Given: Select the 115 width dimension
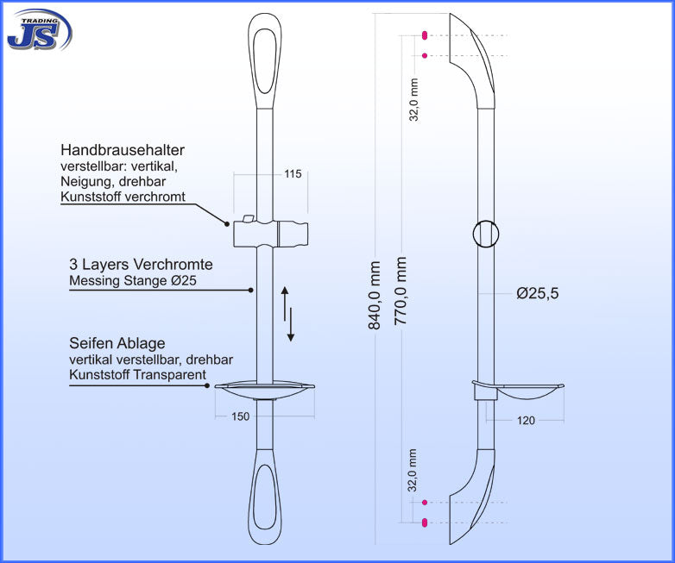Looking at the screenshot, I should coord(293,174).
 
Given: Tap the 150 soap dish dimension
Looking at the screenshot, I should coord(241,416).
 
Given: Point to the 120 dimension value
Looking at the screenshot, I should coord(526,421).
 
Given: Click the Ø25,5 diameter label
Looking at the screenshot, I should coord(538,294).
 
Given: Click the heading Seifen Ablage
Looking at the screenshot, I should coord(117,343).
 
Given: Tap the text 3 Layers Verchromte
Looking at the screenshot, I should coord(141,265).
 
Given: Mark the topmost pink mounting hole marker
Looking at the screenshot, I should coord(425,36).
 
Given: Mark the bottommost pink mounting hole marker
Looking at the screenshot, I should coord(425,522).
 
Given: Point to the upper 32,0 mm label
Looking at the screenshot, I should coord(414,99).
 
